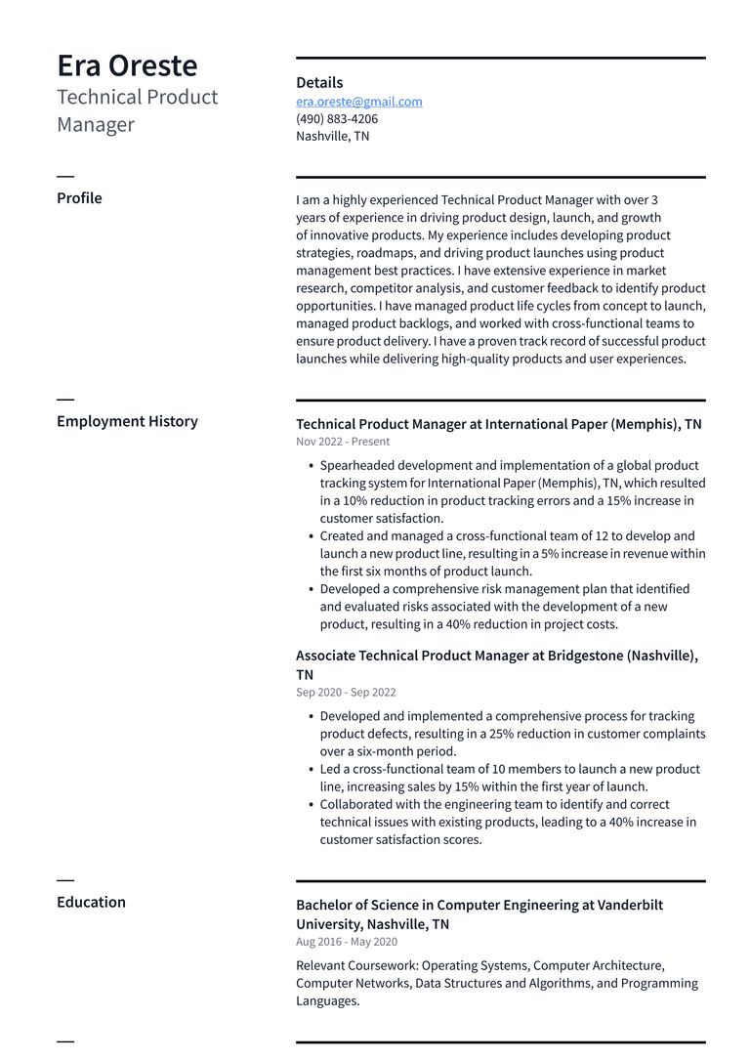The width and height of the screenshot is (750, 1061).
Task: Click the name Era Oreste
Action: coord(127,65)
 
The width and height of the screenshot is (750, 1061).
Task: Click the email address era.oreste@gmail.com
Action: coord(359,102)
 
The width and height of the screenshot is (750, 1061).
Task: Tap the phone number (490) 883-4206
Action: coord(337,119)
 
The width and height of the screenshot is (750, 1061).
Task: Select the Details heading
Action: coord(319,83)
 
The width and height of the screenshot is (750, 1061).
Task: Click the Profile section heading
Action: coord(79,198)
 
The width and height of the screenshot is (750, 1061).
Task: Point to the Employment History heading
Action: coord(127,421)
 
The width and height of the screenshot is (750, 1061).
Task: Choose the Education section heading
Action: coord(91,902)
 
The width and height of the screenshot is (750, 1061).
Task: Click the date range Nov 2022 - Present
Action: coord(343,442)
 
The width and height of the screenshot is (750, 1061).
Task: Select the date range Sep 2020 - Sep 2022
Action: coord(346,692)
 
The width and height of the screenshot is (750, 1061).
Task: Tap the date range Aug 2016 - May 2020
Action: coord(347,942)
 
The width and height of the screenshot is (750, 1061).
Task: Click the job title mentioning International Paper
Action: coord(498,424)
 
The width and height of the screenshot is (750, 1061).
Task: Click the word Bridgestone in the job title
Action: coord(586,656)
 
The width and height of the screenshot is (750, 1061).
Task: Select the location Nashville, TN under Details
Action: coord(332,137)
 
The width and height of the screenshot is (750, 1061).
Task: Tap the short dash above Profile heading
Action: coord(65,176)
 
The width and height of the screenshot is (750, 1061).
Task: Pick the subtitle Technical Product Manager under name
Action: coord(137,110)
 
